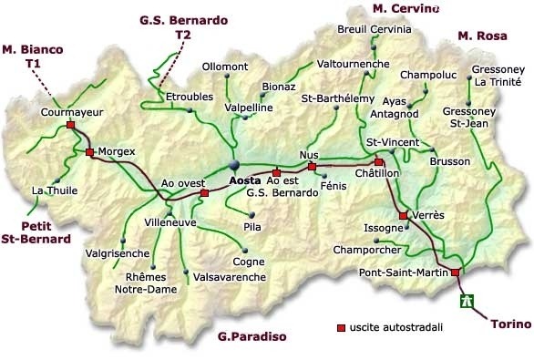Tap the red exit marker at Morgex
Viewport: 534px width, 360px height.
click(x=89, y=152)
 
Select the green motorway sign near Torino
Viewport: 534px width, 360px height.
click(x=468, y=299)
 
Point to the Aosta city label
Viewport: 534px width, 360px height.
click(x=244, y=180)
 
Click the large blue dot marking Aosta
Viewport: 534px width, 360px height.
click(x=233, y=165)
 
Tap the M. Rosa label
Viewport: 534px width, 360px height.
click(x=481, y=36)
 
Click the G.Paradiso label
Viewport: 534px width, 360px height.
click(x=252, y=337)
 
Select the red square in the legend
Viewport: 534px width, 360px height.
click(x=341, y=326)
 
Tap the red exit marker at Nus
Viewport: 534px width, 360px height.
click(x=312, y=167)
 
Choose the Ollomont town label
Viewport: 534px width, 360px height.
click(x=225, y=67)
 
